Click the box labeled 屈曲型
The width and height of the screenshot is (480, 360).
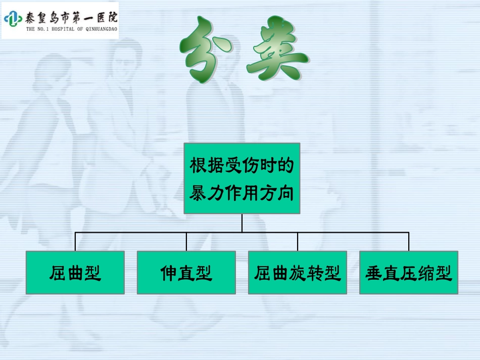click(x=75, y=273)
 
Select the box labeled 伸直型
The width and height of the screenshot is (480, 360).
click(x=186, y=273)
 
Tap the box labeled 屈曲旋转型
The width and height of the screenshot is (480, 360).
click(x=297, y=273)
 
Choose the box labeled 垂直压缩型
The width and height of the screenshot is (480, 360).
click(x=408, y=273)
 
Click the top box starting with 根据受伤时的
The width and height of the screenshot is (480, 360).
click(x=242, y=178)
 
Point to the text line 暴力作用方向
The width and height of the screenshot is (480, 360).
click(x=242, y=193)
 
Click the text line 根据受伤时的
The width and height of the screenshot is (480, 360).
click(x=242, y=165)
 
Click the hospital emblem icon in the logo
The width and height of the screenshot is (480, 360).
click(x=13, y=19)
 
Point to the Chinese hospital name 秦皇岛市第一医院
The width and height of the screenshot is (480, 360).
click(x=71, y=18)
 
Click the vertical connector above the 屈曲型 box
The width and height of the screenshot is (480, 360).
click(x=75, y=242)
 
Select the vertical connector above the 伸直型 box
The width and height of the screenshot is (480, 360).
click(x=186, y=242)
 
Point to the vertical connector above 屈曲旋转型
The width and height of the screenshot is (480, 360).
click(x=298, y=242)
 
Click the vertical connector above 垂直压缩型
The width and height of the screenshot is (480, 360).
click(x=409, y=242)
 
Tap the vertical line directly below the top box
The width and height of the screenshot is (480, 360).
click(x=242, y=223)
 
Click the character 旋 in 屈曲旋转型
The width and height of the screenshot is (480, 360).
click(x=297, y=273)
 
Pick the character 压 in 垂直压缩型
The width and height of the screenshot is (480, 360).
click(x=408, y=273)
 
